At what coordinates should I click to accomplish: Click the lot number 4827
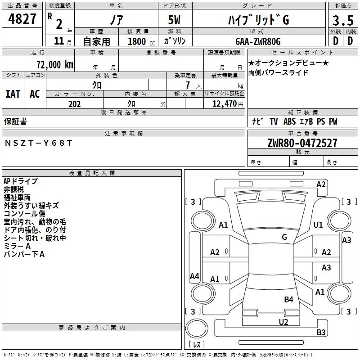[x=22, y=19]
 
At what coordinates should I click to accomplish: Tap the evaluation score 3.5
[x=343, y=20]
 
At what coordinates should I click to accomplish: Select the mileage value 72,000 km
[x=55, y=64]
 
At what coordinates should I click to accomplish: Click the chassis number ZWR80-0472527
[x=302, y=143]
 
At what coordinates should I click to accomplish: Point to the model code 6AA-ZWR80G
[x=258, y=41]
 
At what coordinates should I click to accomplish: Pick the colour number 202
[x=74, y=104]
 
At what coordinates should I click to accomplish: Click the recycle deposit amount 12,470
[x=225, y=103]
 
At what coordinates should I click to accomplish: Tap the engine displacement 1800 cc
[x=141, y=41]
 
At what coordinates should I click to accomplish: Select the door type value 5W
[x=174, y=20]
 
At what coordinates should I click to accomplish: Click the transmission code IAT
[x=13, y=94]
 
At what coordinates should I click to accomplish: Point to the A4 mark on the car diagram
[x=194, y=276]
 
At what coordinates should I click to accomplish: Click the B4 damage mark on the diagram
[x=288, y=299]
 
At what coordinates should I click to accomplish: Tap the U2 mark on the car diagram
[x=283, y=322]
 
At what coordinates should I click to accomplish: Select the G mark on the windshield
[x=284, y=237]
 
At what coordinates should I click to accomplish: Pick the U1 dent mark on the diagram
[x=318, y=225]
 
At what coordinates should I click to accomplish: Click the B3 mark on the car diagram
[x=321, y=332]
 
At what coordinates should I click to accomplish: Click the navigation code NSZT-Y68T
[x=38, y=143]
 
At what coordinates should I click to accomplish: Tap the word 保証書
[x=15, y=121]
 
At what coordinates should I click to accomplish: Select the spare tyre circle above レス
[x=197, y=328]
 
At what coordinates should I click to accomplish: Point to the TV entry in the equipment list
[x=274, y=121]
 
